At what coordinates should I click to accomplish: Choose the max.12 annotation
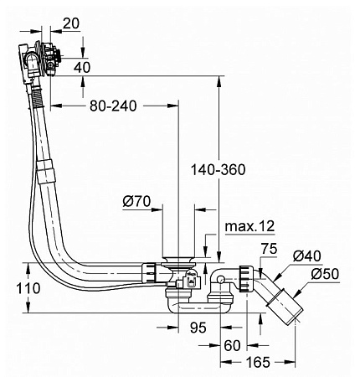coord(249,226)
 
